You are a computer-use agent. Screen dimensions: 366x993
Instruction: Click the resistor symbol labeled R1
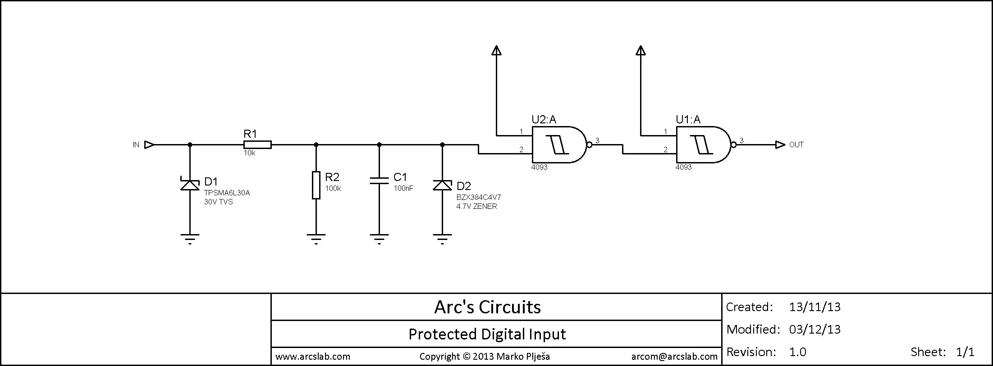[257, 145]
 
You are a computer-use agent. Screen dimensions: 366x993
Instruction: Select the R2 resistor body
[316, 185]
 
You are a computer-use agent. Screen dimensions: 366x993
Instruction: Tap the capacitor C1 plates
[379, 180]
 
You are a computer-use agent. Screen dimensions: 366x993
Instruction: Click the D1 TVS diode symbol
[190, 185]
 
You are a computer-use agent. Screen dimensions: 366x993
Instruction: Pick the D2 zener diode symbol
[442, 185]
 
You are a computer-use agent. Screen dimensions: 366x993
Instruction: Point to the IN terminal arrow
[149, 145]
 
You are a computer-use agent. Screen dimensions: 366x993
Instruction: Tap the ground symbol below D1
[190, 238]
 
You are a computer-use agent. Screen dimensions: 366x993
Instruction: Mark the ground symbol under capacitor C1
[379, 238]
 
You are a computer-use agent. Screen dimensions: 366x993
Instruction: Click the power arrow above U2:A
[496, 50]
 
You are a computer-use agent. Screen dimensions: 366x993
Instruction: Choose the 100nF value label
[403, 189]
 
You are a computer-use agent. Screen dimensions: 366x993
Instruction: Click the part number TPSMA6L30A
[227, 193]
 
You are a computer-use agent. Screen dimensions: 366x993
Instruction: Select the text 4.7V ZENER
[476, 206]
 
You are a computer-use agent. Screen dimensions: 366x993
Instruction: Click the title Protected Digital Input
[487, 334]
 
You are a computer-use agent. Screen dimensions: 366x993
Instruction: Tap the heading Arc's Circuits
[487, 307]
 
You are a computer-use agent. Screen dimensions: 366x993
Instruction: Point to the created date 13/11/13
[815, 307]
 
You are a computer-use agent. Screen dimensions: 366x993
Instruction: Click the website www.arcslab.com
[313, 357]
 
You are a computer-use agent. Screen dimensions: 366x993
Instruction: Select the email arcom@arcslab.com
[674, 357]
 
